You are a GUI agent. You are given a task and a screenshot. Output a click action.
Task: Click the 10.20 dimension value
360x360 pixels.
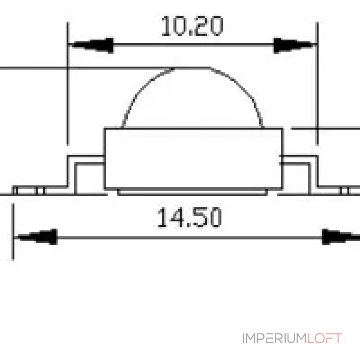pos(192,26)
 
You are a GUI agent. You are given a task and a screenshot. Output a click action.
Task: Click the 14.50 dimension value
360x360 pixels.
pos(189,217)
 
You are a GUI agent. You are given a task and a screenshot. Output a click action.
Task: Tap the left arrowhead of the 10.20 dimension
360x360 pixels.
pos(91,45)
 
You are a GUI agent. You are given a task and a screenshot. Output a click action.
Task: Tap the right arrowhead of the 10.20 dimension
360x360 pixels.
pos(294,45)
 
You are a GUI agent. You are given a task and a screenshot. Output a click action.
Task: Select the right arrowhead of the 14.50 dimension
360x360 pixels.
pos(341,237)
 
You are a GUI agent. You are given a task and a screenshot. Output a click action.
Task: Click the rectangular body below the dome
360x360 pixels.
pos(193,158)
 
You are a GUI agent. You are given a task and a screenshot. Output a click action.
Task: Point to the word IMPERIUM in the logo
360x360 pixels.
pos(274,338)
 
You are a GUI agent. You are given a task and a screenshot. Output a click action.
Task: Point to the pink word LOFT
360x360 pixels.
pos(324,338)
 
